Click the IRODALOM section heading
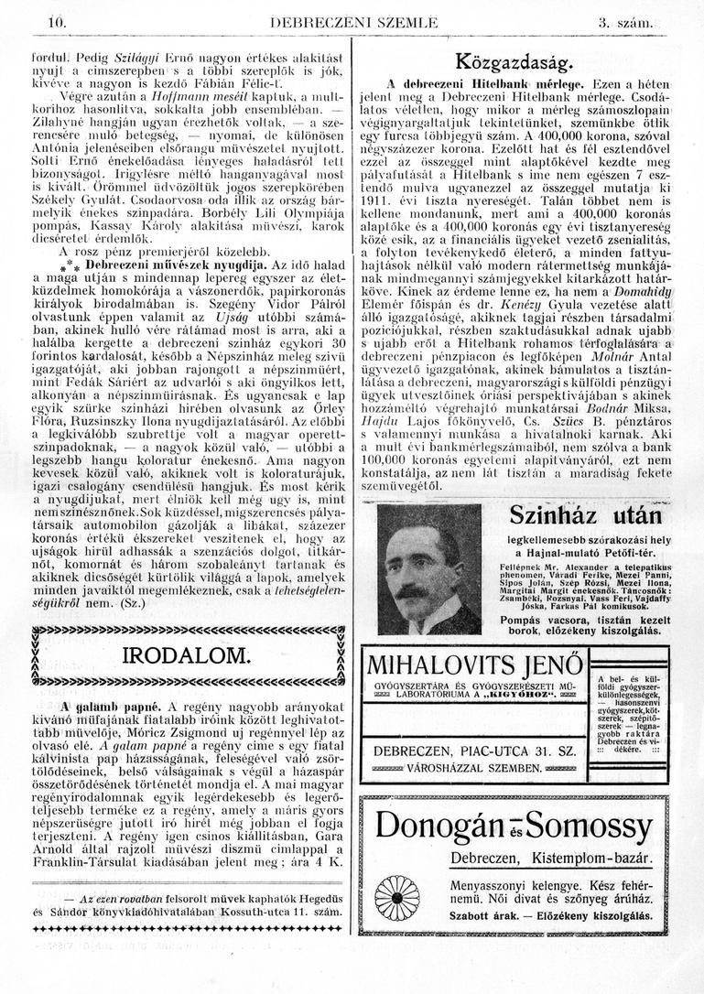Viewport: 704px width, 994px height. click(186, 655)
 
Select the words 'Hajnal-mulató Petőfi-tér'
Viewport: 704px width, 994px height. click(594, 553)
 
